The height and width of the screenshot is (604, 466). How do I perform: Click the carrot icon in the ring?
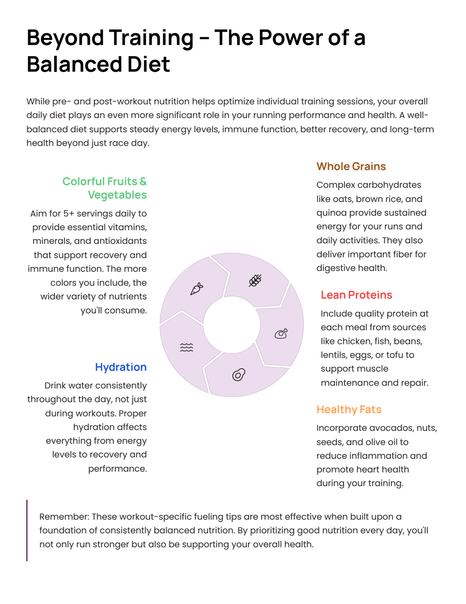tap(197, 289)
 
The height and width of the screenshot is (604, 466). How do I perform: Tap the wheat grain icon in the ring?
tap(255, 281)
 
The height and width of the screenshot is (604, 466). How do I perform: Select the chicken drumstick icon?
tap(281, 334)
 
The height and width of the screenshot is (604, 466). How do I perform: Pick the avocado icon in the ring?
tap(239, 375)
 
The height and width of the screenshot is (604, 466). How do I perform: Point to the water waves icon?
tap(186, 347)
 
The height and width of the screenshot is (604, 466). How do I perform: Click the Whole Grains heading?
tap(351, 166)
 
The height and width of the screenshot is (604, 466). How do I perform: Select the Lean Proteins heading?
tap(356, 295)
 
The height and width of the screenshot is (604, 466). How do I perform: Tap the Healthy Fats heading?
tap(349, 409)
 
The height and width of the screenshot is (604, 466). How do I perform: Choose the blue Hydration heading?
tap(121, 367)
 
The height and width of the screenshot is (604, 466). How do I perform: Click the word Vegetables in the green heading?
tap(117, 195)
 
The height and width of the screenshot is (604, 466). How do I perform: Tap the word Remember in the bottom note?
tap(64, 516)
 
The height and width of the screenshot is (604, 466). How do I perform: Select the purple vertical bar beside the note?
tap(27, 530)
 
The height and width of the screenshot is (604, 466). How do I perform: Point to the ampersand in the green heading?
tap(143, 181)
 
